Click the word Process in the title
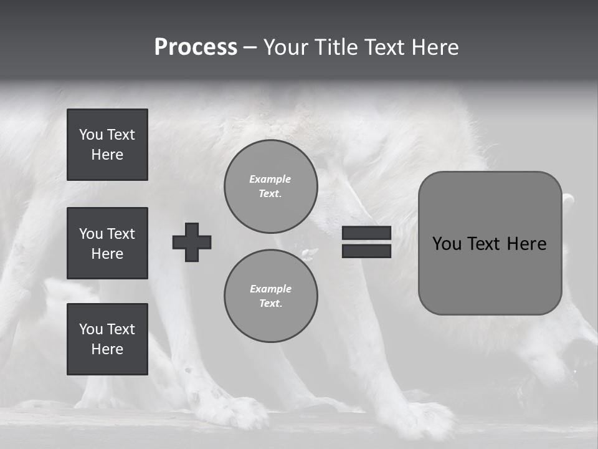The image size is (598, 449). pyautogui.click(x=196, y=47)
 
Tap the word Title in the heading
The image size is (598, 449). pyautogui.click(x=337, y=47)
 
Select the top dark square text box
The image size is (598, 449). pyautogui.click(x=107, y=145)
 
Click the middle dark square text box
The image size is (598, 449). pyautogui.click(x=107, y=243)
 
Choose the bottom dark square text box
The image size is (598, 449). pyautogui.click(x=107, y=339)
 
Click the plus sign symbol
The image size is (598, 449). pyautogui.click(x=192, y=242)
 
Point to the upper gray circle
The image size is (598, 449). pyautogui.click(x=270, y=186)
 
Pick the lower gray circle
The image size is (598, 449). pyautogui.click(x=270, y=296)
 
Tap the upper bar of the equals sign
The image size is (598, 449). pyautogui.click(x=366, y=233)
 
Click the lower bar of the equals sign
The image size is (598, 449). pyautogui.click(x=366, y=251)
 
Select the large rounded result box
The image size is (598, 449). pyautogui.click(x=490, y=243)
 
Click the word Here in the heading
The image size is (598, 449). pyautogui.click(x=435, y=47)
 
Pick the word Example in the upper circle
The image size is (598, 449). pyautogui.click(x=270, y=179)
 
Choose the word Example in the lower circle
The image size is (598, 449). pyautogui.click(x=270, y=289)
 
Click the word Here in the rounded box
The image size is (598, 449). pyautogui.click(x=526, y=244)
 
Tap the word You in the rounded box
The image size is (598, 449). pyautogui.click(x=447, y=244)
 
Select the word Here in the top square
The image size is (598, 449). pyautogui.click(x=107, y=155)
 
